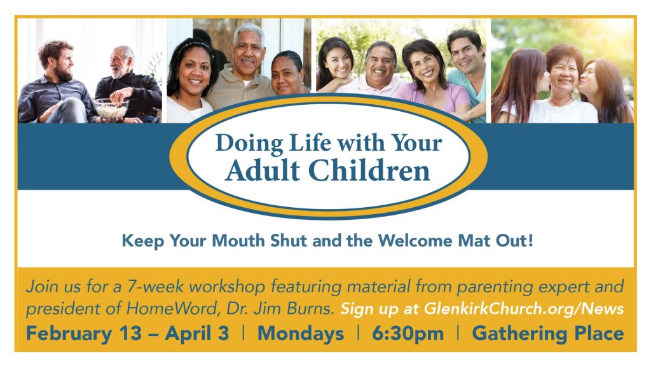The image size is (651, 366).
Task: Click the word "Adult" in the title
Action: tap(263, 170)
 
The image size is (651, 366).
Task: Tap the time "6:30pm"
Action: tap(408, 334)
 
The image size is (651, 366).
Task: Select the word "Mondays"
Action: tap(301, 334)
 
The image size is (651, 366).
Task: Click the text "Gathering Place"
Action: tap(547, 334)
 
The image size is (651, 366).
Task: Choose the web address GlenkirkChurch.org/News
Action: tap(524, 309)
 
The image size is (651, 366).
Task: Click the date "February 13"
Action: tap(83, 334)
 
